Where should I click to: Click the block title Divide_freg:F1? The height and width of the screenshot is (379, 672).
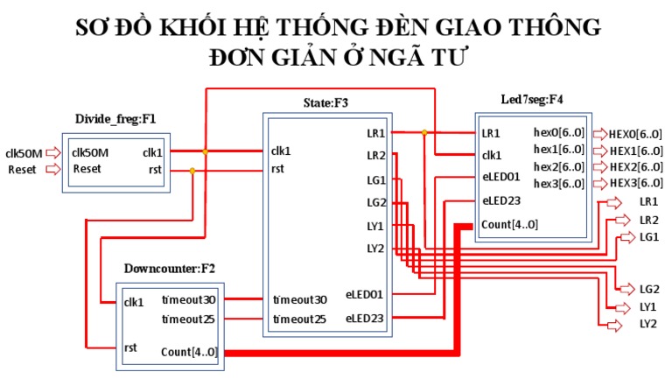pyautogui.click(x=115, y=117)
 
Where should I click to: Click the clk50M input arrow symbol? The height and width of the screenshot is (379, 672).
pyautogui.click(x=53, y=152)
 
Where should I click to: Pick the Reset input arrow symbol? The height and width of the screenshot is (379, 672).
pyautogui.click(x=53, y=169)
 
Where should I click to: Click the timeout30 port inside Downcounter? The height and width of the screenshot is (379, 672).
pyautogui.click(x=188, y=300)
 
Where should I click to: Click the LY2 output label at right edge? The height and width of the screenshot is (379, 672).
pyautogui.click(x=648, y=325)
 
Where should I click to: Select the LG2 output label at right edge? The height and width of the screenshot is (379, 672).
pyautogui.click(x=648, y=289)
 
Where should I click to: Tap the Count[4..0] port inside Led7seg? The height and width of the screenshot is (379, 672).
pyautogui.click(x=509, y=225)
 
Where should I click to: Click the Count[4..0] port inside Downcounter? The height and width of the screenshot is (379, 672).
pyautogui.click(x=188, y=352)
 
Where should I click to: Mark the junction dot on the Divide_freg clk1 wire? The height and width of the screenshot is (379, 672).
pyautogui.click(x=206, y=151)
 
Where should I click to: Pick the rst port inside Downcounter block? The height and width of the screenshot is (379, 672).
pyautogui.click(x=131, y=347)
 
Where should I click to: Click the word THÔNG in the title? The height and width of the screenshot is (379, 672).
pyautogui.click(x=551, y=27)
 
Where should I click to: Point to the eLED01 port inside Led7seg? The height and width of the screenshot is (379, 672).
pyautogui.click(x=501, y=176)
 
